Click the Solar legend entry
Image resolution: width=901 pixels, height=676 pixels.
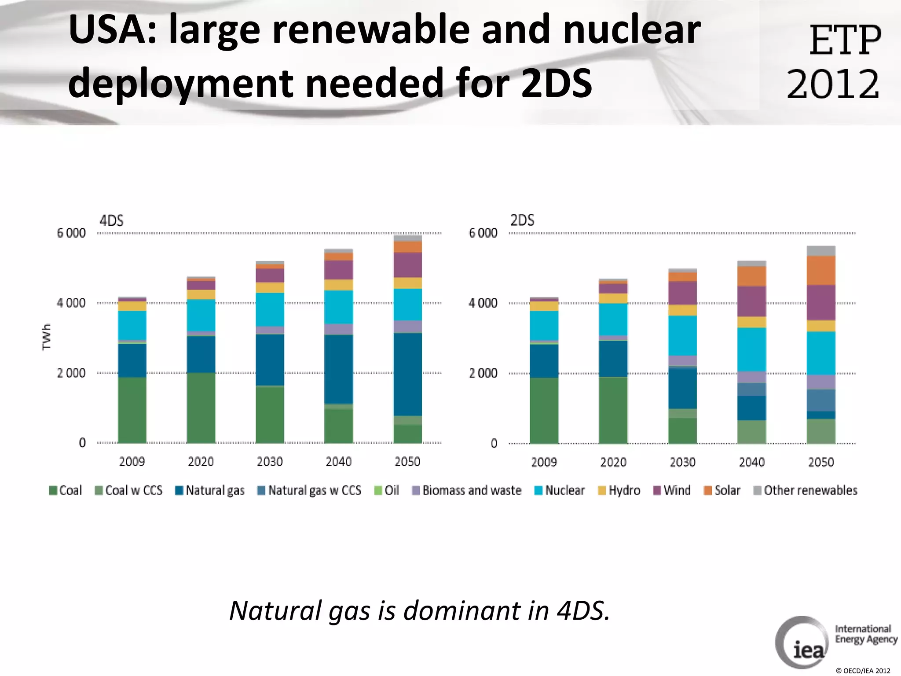pos(722,490)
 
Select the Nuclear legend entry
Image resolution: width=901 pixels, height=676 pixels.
pos(560,490)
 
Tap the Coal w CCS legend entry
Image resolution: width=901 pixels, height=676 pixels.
pos(128,490)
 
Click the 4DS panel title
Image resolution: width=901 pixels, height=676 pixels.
pos(111,220)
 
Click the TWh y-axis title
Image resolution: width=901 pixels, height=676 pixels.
pos(47,337)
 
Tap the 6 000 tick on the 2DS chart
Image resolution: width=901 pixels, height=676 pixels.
pos(483,233)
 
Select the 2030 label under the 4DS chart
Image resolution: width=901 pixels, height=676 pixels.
pos(270,462)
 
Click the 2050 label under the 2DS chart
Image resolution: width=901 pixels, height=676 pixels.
pos(821,462)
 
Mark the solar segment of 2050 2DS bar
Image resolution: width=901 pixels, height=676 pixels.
pos(821,271)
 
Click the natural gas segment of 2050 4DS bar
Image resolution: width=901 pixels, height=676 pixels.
pos(407,374)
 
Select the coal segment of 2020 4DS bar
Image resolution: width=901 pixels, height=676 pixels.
pos(201,408)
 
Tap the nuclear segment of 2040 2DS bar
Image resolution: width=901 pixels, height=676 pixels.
pos(752,349)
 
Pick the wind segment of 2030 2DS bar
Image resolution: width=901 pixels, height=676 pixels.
pos(682,293)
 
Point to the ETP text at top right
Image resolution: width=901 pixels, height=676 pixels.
pos(845,40)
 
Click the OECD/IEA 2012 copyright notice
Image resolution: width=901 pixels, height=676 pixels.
pos(863,671)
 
